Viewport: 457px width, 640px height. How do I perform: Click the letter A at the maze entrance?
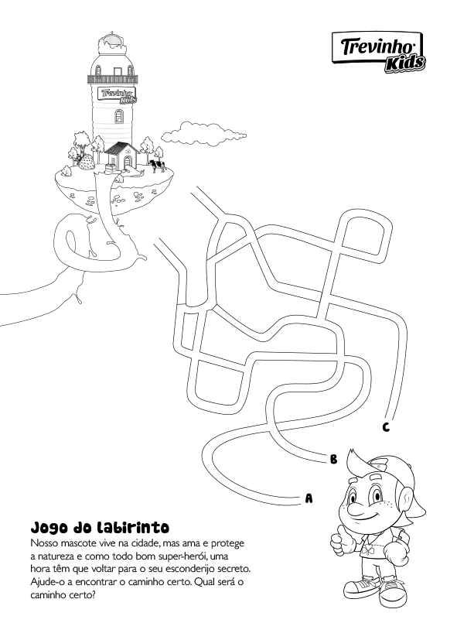point(309,498)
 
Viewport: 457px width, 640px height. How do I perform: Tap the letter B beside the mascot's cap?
point(333,459)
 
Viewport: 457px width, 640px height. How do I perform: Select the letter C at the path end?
point(386,427)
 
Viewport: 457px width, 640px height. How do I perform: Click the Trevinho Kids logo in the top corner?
point(377,53)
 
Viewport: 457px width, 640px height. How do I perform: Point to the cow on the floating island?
point(157,166)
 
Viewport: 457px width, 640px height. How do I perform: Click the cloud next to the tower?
point(203,132)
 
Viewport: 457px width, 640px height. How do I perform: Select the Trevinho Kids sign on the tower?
point(118,94)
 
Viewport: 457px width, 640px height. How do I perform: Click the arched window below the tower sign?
point(118,116)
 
